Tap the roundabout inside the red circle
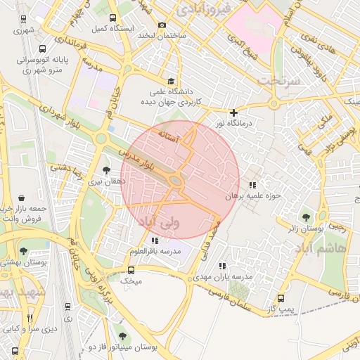[176, 182]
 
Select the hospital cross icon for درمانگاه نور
[234, 112]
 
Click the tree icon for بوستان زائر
[305, 217]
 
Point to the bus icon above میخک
[131, 270]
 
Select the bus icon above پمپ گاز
[281, 298]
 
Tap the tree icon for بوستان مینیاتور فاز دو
[124, 337]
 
